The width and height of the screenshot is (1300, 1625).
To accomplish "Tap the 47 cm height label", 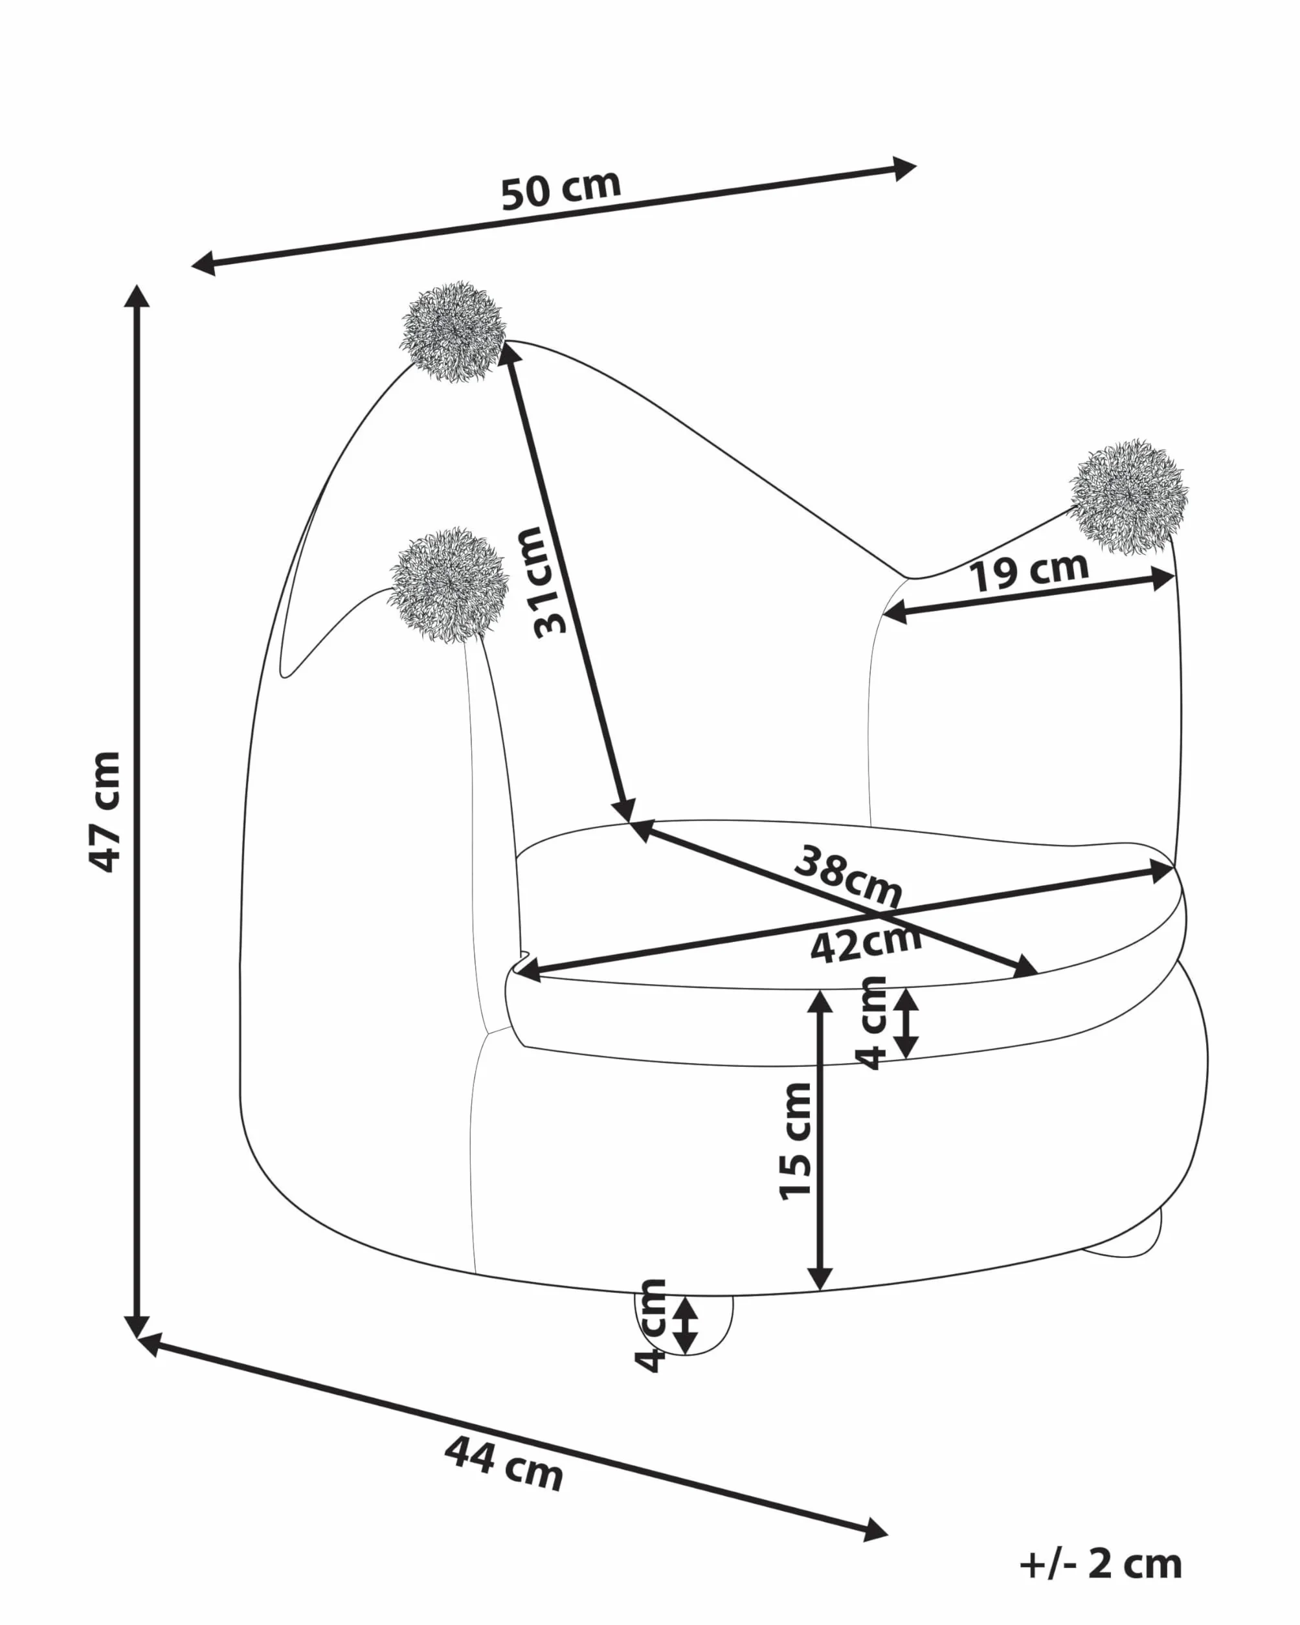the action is tap(106, 812).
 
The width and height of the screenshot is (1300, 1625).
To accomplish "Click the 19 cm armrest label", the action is tap(1029, 571).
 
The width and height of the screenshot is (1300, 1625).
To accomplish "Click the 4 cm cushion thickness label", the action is tap(873, 1023).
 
